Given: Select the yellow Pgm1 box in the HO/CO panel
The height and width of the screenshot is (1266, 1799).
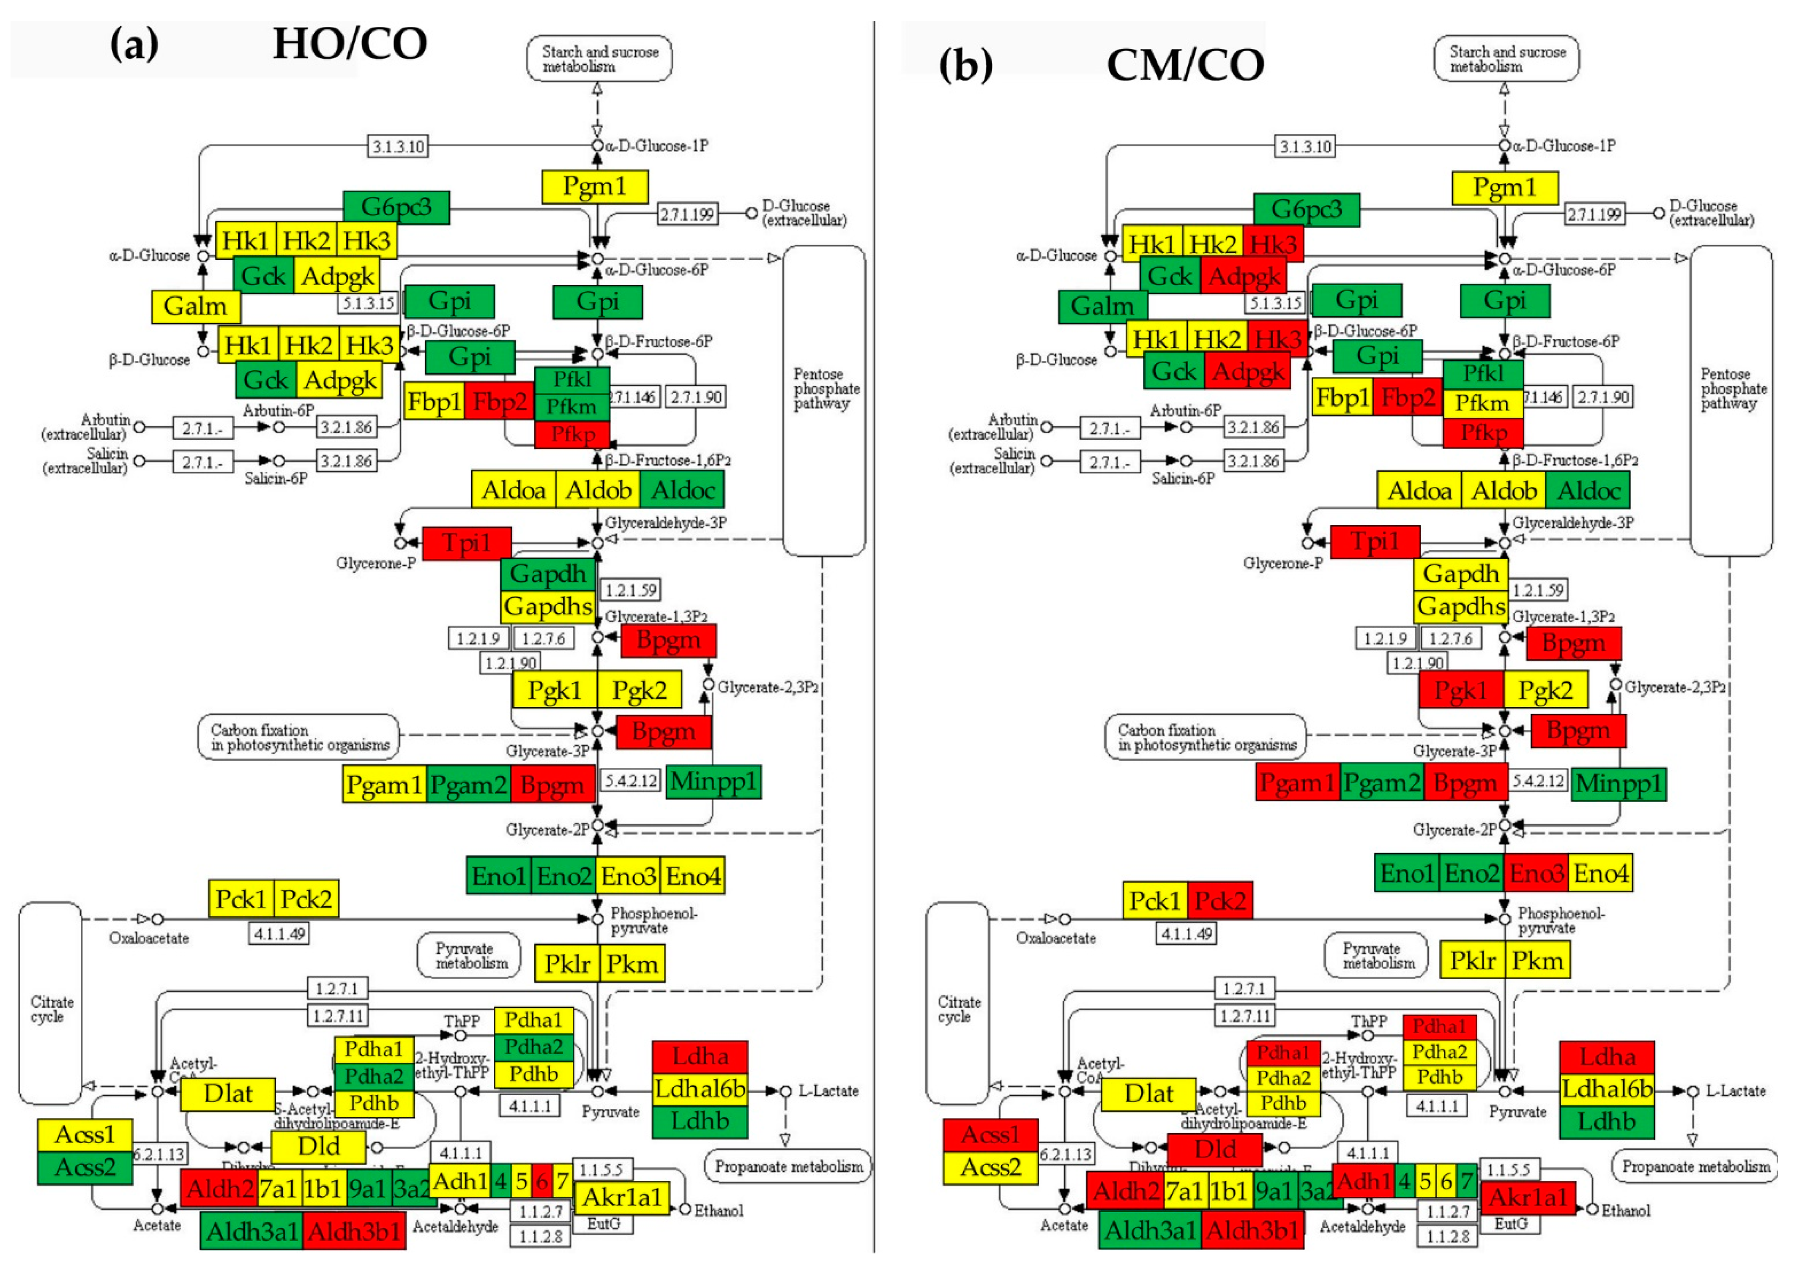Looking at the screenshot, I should (595, 186).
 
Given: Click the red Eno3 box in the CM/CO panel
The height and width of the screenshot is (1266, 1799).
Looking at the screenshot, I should (1536, 873).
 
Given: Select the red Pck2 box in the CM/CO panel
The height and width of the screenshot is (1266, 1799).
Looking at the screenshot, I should (1220, 900).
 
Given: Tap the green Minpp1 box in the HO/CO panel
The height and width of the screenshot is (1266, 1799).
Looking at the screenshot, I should (713, 781).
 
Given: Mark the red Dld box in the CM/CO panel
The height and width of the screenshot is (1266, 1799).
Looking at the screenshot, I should (1214, 1149).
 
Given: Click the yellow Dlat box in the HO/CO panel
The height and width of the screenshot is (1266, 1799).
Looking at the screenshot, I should (228, 1094).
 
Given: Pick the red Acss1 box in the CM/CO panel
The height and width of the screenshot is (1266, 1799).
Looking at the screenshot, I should (991, 1134).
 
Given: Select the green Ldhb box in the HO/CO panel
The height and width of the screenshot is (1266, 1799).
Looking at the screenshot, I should (699, 1121).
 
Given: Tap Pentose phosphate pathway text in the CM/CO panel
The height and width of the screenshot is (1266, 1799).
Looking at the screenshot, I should (1729, 389).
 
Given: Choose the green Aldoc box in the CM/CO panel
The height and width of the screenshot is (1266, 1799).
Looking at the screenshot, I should (1587, 490).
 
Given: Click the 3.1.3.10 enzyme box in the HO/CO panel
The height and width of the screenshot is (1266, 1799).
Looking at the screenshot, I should (398, 146).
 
